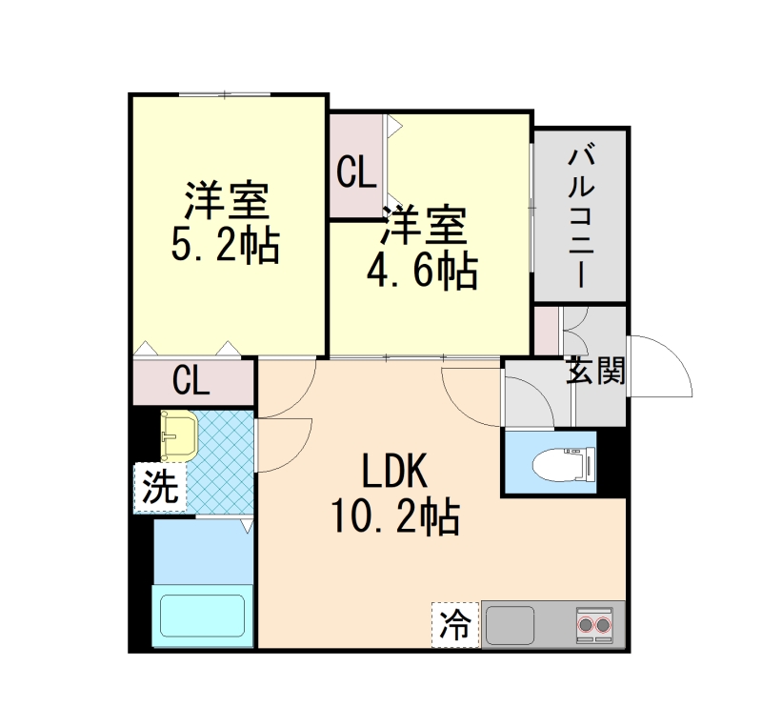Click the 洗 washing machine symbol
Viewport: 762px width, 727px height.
click(159, 488)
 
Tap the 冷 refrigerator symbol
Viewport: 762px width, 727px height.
click(455, 625)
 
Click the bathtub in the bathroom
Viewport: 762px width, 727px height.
click(202, 616)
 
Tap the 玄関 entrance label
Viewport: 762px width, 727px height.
click(596, 371)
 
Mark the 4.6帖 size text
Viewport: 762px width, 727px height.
click(423, 273)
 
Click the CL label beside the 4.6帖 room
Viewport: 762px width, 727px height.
click(357, 173)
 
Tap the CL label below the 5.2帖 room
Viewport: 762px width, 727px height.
click(191, 382)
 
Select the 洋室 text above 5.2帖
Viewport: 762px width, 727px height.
click(226, 200)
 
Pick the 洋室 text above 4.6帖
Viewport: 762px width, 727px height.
click(424, 227)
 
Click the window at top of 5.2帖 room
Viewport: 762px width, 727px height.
click(226, 94)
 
